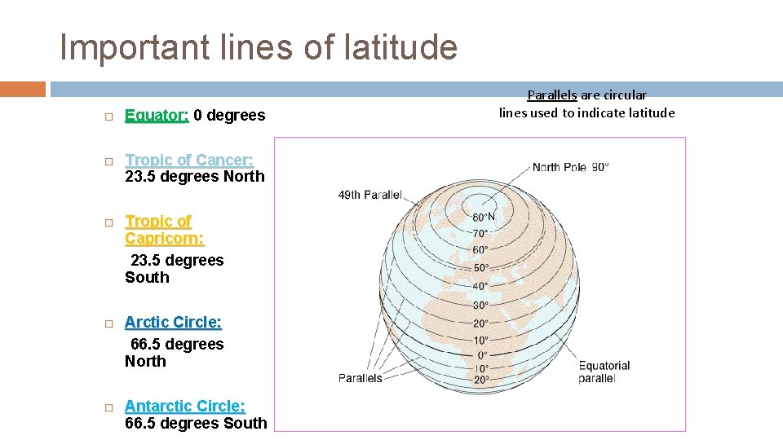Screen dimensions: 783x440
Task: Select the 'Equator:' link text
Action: [x=157, y=116]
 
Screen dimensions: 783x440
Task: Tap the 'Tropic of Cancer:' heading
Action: [x=189, y=161]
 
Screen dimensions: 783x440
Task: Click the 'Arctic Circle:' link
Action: [x=173, y=323]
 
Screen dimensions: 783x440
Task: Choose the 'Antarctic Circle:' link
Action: [x=185, y=406]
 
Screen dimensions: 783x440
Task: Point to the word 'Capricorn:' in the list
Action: [x=165, y=239]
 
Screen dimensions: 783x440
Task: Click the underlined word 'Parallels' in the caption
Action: [x=552, y=95]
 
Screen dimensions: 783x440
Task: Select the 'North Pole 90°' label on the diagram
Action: [x=571, y=167]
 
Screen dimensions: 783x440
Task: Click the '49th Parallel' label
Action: [x=370, y=195]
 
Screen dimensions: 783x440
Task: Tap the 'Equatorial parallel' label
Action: [x=604, y=372]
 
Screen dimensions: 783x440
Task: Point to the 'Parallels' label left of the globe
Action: [x=361, y=378]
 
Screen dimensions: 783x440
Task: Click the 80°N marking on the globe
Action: [x=484, y=218]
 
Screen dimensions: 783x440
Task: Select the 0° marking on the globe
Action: [x=481, y=354]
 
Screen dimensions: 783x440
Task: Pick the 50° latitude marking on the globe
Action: [x=481, y=267]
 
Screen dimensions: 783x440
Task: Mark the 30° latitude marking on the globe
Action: [x=481, y=305]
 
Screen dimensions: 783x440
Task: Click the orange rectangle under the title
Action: [x=23, y=89]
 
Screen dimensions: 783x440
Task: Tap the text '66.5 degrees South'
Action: [x=196, y=423]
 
